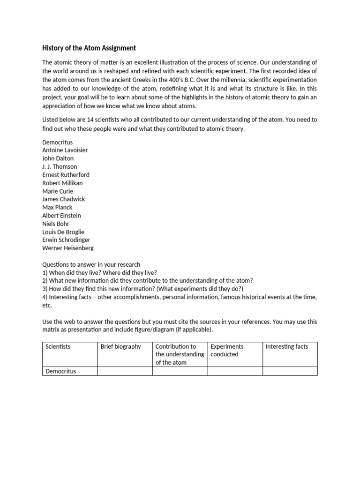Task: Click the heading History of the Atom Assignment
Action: coord(89,48)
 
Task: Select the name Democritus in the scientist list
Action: coord(58,142)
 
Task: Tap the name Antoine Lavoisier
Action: coord(65,150)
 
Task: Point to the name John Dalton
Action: coord(58,158)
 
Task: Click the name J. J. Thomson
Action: coord(60,166)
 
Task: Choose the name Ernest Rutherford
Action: coord(66,175)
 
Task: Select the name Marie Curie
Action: coord(58,191)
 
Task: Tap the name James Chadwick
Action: coord(64,199)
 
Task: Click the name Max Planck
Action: coord(57,207)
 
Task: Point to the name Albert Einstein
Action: coord(61,216)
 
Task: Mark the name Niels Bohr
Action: coord(56,224)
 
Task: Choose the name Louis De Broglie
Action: coord(63,232)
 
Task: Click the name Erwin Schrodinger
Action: coord(66,240)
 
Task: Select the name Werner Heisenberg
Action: coord(67,248)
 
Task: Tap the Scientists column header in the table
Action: coord(58,346)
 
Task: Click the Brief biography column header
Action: coord(121,346)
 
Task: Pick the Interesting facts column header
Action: coord(287,346)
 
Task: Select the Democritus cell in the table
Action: coord(61,371)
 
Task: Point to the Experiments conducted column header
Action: coord(227,350)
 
